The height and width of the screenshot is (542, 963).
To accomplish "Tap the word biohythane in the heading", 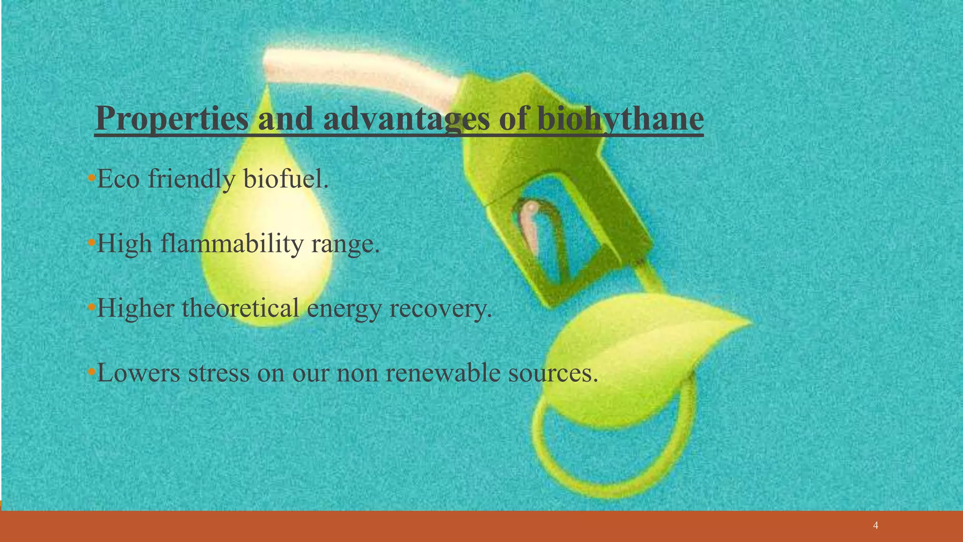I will coord(620,119).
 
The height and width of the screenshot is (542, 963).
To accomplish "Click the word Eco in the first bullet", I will coord(118,179).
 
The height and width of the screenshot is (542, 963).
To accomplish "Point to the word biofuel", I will coord(285,179).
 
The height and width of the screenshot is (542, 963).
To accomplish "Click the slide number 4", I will coord(875,526).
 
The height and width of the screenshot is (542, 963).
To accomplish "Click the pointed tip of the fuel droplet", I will coord(267,89).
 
